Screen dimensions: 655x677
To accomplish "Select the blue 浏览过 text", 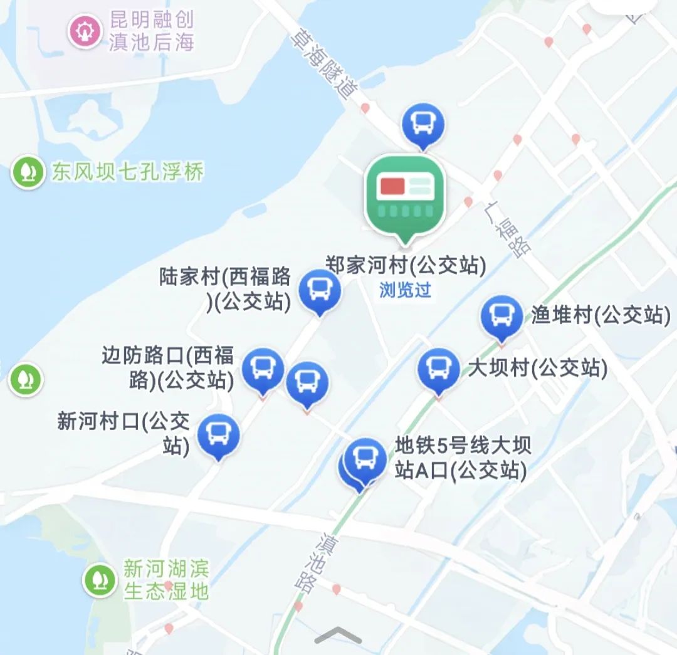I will click(406, 290).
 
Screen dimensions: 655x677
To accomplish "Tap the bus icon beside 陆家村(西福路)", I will click(320, 290).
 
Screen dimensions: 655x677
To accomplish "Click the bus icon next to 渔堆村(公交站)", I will click(501, 316).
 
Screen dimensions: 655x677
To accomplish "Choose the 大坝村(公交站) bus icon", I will click(439, 369).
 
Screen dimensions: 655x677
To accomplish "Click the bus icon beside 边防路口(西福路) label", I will click(263, 369).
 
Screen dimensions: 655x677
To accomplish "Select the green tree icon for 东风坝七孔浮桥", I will click(28, 172).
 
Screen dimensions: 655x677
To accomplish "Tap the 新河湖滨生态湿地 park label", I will click(166, 580).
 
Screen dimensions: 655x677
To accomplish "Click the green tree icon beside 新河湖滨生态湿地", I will click(99, 580).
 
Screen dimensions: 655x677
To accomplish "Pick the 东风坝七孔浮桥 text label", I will click(128, 172).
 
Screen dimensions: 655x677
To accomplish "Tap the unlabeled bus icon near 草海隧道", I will click(423, 123).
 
